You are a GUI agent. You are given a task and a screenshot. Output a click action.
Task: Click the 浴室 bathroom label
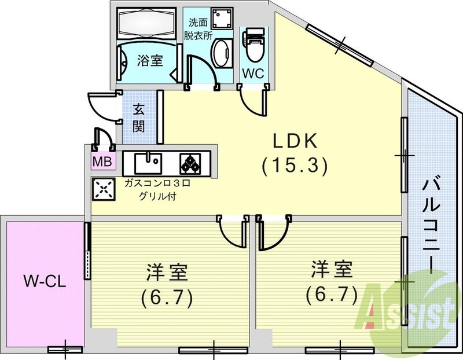[149, 60]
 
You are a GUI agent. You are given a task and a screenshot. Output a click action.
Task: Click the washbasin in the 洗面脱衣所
[220, 55]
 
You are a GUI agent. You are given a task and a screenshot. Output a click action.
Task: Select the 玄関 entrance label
[139, 117]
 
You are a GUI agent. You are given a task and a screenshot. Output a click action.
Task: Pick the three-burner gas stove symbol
[190, 163]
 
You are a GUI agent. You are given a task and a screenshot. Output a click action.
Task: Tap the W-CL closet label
[45, 282]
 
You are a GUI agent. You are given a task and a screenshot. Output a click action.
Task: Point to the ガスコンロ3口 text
[157, 183]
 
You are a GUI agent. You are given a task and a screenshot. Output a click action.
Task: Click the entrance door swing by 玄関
[102, 106]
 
